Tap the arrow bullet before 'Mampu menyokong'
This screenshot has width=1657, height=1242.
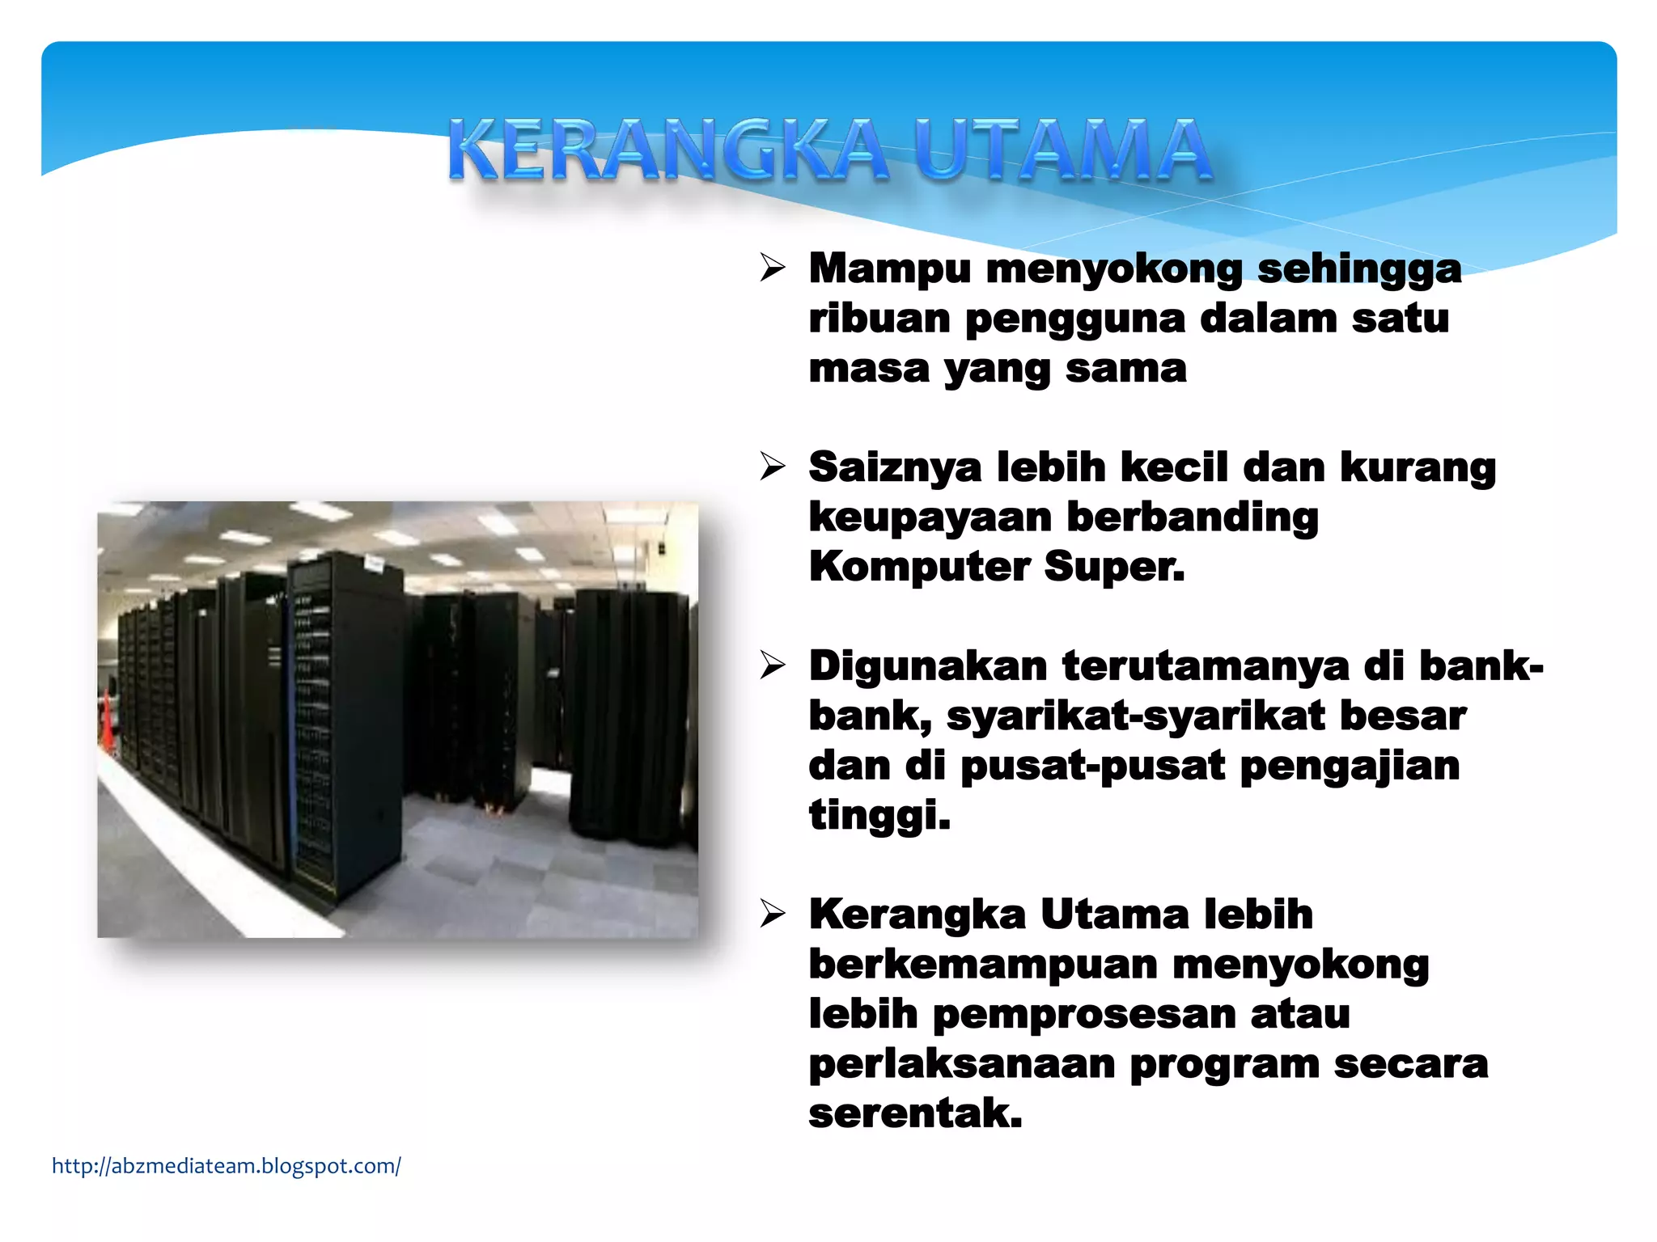(773, 268)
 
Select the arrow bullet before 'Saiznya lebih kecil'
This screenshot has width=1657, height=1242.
(773, 467)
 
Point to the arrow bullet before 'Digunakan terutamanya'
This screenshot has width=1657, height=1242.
(773, 665)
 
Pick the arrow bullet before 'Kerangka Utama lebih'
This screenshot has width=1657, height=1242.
(773, 914)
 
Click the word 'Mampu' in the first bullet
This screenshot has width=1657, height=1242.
(889, 269)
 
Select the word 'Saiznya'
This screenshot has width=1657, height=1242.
(895, 468)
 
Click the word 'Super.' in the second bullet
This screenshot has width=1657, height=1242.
(1114, 566)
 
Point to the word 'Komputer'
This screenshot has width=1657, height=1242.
(918, 568)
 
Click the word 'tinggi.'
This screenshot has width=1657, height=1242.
(879, 816)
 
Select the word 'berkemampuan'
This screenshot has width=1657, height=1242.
(982, 965)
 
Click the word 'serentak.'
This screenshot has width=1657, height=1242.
(915, 1113)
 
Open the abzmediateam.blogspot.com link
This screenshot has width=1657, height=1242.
(226, 1166)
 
